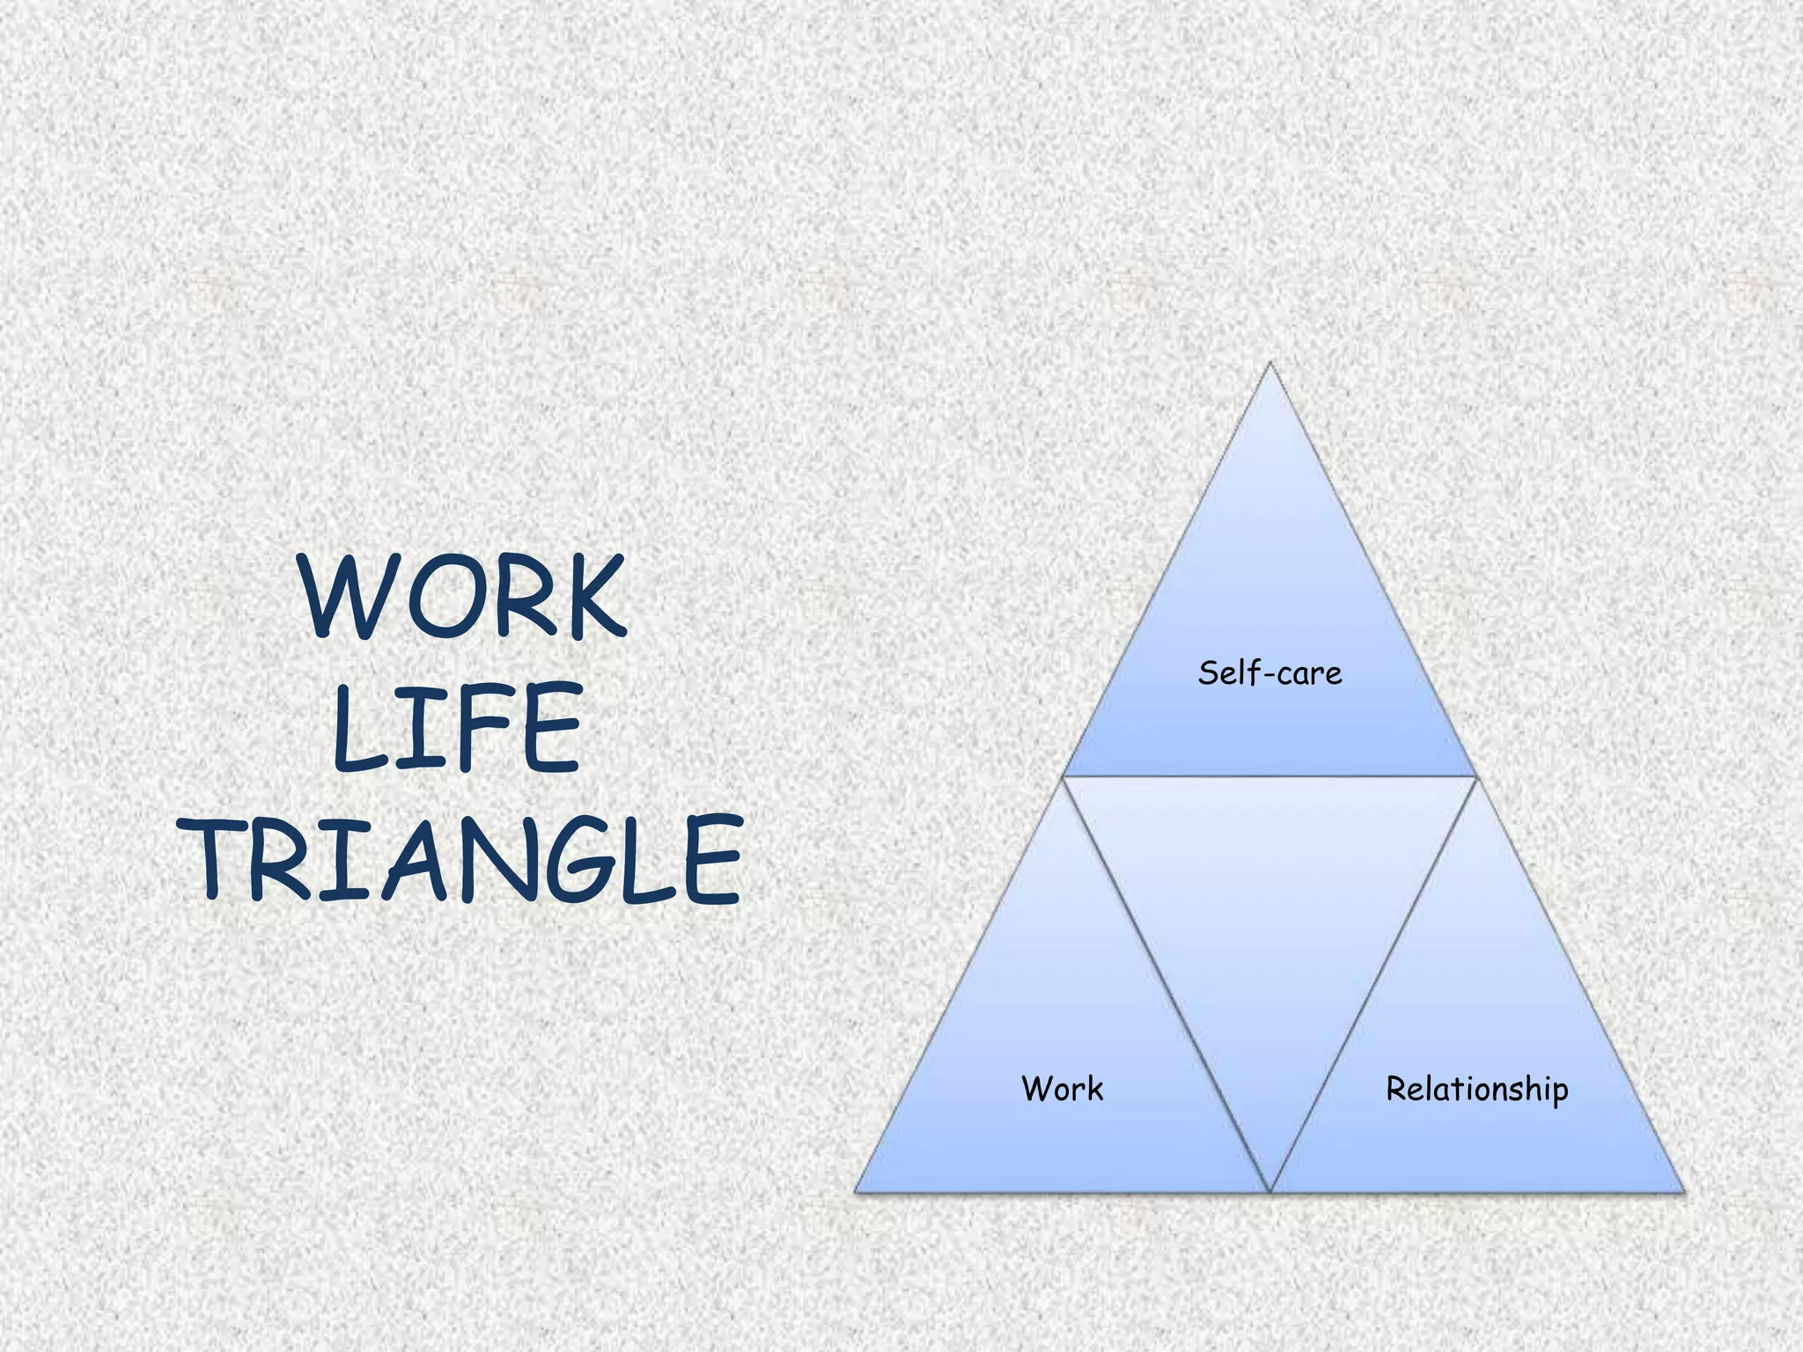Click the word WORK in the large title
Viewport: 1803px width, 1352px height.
pyautogui.click(x=463, y=597)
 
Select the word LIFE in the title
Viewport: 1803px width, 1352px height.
pyautogui.click(x=458, y=728)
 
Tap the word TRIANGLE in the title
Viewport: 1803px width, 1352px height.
pyautogui.click(x=465, y=858)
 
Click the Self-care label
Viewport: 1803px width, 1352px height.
pyautogui.click(x=1269, y=673)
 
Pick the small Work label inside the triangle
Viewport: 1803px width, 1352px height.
pyautogui.click(x=1062, y=1089)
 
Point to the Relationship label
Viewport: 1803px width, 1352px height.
pyautogui.click(x=1476, y=1090)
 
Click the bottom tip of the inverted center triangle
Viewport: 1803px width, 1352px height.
pyautogui.click(x=1269, y=1189)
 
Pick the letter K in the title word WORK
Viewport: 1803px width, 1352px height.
pyautogui.click(x=591, y=597)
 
